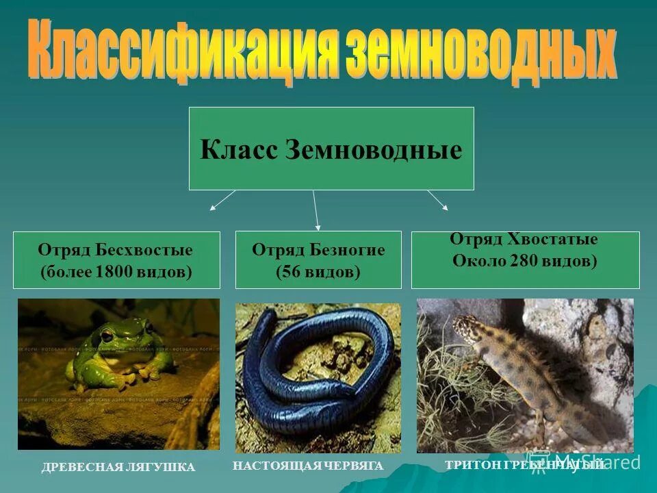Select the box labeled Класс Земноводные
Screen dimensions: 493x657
[x=331, y=149]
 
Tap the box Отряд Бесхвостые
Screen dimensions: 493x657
[x=116, y=260]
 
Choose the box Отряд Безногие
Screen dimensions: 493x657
[x=318, y=260]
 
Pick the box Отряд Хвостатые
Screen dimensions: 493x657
[x=525, y=260]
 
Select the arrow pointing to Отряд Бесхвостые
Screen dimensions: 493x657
[x=222, y=200]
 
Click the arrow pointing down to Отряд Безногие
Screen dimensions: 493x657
[x=315, y=210]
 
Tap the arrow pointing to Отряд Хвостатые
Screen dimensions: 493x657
[x=438, y=200]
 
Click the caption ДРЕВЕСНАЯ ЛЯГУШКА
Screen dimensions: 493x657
[x=118, y=467]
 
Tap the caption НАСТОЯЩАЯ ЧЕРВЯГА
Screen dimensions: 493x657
[x=308, y=466]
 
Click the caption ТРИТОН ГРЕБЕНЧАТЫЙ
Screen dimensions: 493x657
[x=524, y=465]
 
